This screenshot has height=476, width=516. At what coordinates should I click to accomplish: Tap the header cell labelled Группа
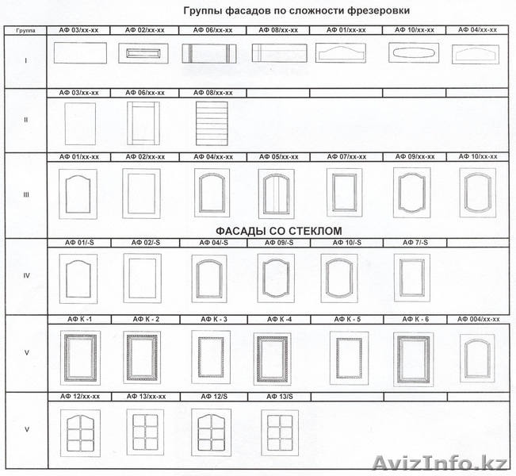(24, 30)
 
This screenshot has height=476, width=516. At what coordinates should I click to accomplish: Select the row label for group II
(25, 121)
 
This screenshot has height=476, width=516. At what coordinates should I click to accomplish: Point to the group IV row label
(25, 276)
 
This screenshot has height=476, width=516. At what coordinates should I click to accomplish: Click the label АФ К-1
(78, 319)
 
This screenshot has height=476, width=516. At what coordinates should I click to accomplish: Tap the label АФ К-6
(414, 319)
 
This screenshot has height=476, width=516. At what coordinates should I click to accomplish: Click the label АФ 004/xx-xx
(479, 319)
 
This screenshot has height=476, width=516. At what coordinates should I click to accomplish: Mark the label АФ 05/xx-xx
(276, 157)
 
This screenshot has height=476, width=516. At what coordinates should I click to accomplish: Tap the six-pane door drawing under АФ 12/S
(211, 432)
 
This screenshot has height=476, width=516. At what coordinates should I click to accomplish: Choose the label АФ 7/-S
(413, 242)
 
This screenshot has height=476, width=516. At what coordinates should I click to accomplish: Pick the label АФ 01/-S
(79, 242)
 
